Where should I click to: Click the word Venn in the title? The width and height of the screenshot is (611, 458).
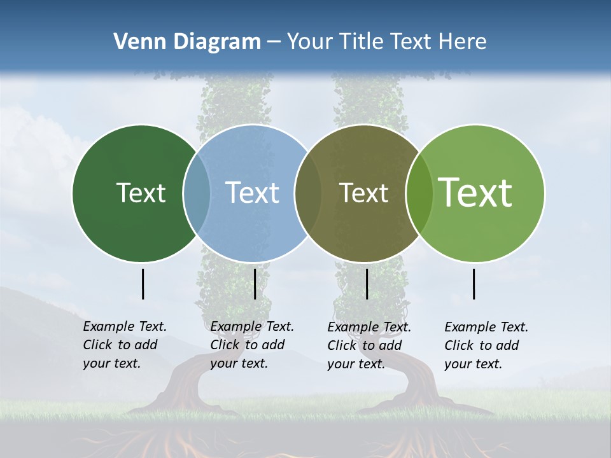click(136, 42)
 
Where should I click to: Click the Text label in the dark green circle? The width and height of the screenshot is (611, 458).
click(141, 193)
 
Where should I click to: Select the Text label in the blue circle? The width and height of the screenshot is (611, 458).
click(252, 193)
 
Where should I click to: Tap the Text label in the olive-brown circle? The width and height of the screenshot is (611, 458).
click(363, 193)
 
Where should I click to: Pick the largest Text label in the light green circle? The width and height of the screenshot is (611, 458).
click(475, 192)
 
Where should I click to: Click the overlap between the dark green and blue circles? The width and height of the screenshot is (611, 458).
click(197, 193)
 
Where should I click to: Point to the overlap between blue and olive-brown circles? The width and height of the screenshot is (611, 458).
click(308, 193)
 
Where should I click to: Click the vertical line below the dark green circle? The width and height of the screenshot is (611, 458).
click(143, 284)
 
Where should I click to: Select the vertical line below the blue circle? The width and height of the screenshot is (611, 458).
click(255, 284)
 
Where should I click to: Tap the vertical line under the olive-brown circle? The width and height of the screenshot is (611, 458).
click(367, 284)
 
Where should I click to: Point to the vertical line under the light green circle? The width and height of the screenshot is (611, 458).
click(474, 284)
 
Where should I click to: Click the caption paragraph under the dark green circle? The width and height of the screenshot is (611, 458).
click(125, 345)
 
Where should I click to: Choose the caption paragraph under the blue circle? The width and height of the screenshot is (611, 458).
click(252, 345)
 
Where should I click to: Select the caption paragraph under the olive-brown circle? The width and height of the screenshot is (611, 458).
click(369, 345)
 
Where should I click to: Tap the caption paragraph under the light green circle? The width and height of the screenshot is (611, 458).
click(486, 345)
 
